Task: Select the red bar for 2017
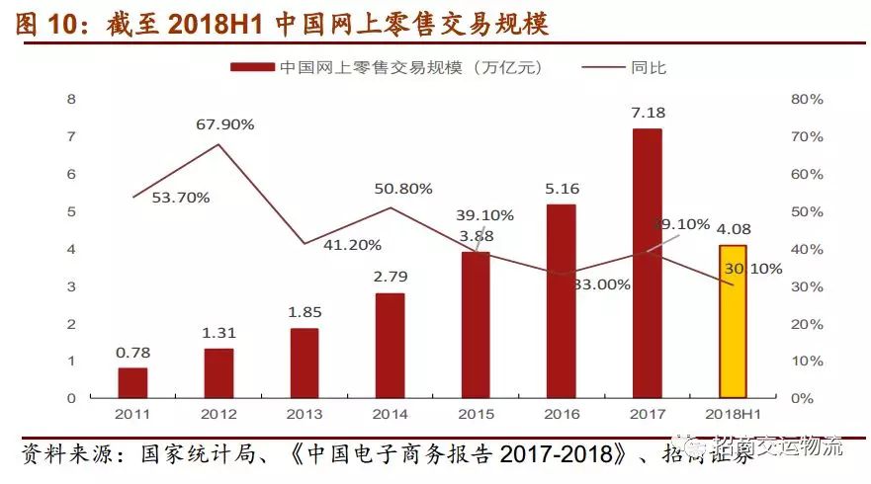coord(647,263)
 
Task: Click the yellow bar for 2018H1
coord(733,321)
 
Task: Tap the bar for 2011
coord(131,382)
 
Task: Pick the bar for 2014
coord(390,345)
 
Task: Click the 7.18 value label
coord(647,112)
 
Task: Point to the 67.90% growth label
coord(224,124)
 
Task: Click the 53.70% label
coord(180,198)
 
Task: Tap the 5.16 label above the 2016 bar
coord(562,188)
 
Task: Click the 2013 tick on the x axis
coord(304,414)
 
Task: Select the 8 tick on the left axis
coord(71,99)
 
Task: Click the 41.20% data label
coord(351,244)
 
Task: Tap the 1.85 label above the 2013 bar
coord(304,311)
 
